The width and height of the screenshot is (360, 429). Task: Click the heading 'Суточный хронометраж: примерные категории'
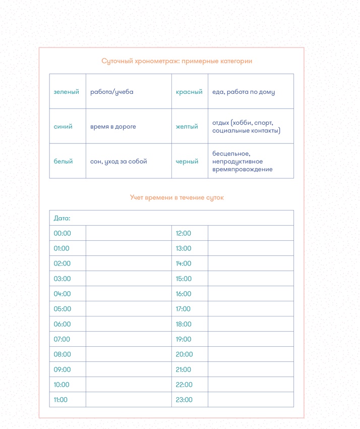(x=176, y=61)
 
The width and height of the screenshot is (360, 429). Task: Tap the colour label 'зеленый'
(x=67, y=92)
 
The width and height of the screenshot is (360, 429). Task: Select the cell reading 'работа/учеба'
(x=112, y=92)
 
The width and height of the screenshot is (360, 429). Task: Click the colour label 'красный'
(x=189, y=92)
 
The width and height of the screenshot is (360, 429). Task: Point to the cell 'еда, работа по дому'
(x=244, y=92)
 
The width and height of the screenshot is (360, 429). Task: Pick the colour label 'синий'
(x=63, y=127)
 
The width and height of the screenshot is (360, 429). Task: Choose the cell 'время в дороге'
(x=113, y=127)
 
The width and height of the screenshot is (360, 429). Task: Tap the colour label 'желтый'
(x=187, y=127)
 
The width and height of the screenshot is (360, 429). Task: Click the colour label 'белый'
(x=64, y=162)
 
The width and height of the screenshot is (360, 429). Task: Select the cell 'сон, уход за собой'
(x=118, y=162)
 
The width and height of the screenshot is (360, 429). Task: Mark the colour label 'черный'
(x=187, y=162)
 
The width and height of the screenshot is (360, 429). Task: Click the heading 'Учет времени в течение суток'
(x=176, y=197)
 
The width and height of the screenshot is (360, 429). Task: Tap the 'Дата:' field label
(x=62, y=218)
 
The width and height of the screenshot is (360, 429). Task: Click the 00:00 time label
(x=63, y=233)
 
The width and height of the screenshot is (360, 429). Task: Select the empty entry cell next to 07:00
(x=129, y=339)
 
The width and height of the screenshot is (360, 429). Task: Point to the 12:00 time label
(x=184, y=233)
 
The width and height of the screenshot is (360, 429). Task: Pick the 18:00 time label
(x=184, y=324)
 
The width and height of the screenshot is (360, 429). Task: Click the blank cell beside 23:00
(x=251, y=400)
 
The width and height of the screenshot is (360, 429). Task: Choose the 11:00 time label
(x=61, y=400)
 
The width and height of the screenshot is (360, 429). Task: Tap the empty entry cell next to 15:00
(x=251, y=279)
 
